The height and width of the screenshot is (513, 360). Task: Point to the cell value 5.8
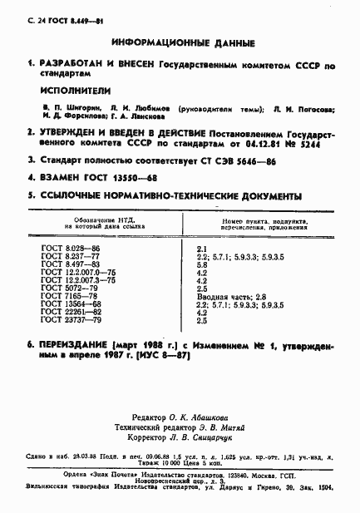(202, 264)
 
